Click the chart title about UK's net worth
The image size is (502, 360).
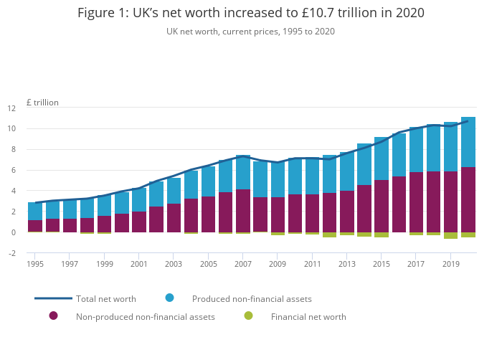click(250, 13)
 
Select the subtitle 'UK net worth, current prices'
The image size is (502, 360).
click(250, 32)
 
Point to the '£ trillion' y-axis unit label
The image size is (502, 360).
click(42, 103)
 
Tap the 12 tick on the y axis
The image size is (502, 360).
click(31, 108)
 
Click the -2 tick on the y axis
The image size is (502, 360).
click(31, 253)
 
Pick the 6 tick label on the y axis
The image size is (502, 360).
click(32, 171)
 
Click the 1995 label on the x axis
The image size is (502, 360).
click(35, 265)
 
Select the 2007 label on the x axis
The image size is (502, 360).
click(243, 265)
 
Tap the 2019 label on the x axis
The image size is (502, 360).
click(451, 265)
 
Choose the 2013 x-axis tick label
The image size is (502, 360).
click(347, 265)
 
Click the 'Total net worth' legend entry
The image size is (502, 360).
click(106, 298)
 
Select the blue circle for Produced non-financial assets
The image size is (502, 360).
click(169, 298)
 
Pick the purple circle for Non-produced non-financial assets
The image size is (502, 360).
click(53, 316)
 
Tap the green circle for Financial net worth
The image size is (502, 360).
click(248, 316)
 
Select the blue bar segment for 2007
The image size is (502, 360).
click(243, 172)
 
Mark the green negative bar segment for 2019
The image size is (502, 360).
click(451, 235)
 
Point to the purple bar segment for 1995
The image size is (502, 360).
click(35, 226)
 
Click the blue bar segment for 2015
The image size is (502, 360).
click(382, 158)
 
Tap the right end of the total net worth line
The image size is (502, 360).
click(468, 120)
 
